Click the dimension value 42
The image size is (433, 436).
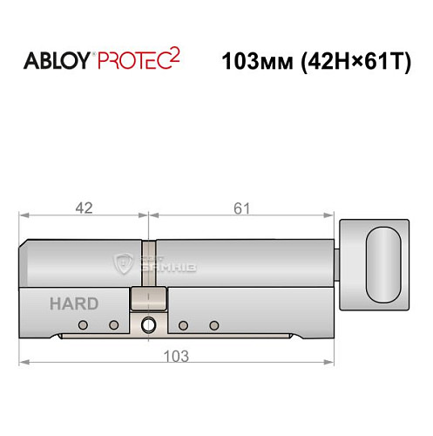point(85,208)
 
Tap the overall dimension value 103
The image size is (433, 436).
point(177,356)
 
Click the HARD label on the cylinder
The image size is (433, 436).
point(74,304)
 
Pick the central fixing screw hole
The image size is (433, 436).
point(148,326)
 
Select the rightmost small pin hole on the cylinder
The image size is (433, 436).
point(213,326)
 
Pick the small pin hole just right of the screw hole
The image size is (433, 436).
point(184,326)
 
